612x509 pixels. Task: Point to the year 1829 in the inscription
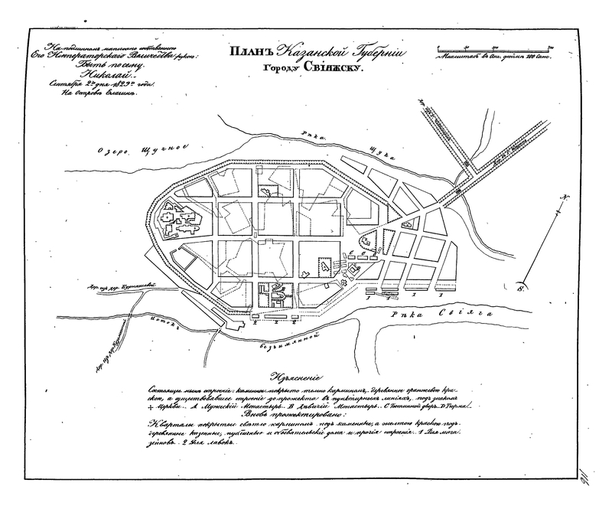[x=124, y=84]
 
